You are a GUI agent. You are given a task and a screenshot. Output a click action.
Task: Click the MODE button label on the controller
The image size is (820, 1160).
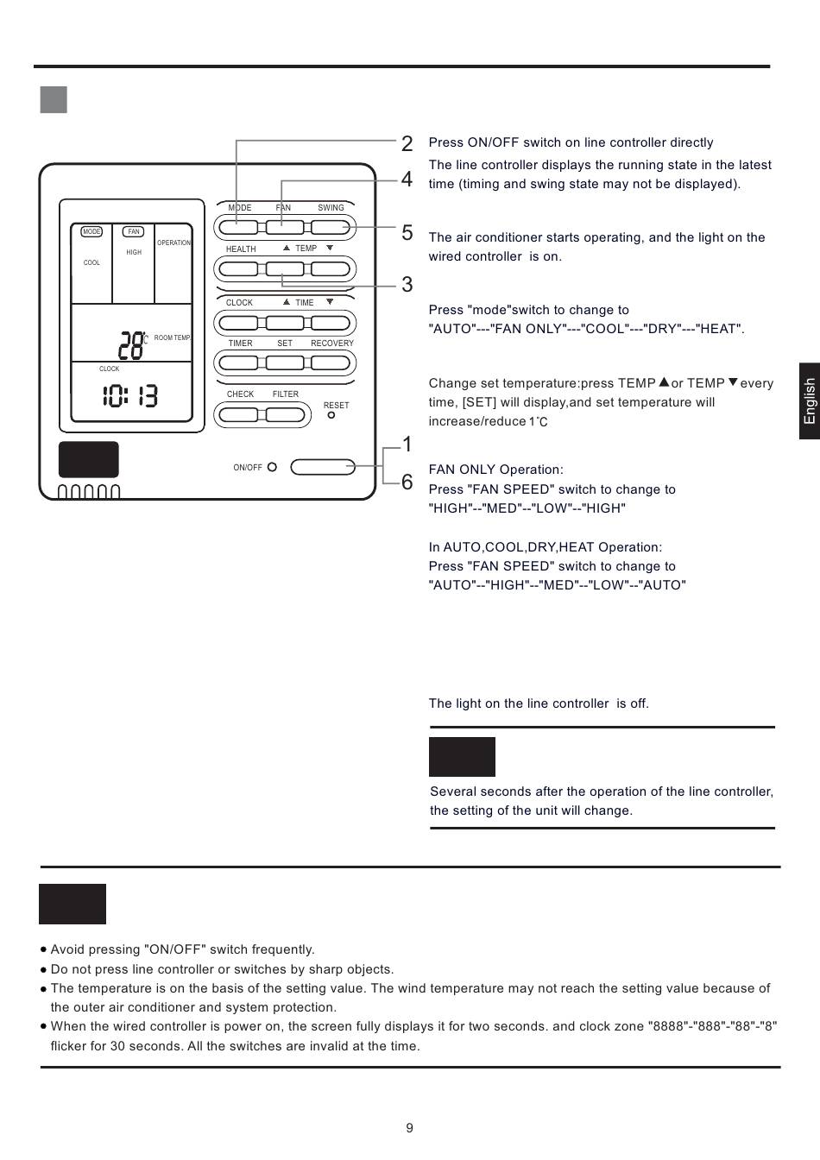[240, 208]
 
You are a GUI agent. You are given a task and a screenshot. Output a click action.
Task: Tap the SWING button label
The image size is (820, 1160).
[331, 208]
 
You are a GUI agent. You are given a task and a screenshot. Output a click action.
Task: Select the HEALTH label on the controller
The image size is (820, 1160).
[241, 249]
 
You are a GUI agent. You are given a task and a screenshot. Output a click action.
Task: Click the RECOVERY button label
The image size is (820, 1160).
[332, 344]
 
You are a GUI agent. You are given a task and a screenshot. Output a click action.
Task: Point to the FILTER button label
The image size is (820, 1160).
[286, 394]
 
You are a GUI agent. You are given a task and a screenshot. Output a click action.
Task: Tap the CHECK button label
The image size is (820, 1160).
[240, 394]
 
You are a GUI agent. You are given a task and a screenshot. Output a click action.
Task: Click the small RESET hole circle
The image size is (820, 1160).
[331, 415]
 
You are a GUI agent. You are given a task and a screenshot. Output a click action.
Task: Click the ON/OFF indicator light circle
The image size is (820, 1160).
[272, 467]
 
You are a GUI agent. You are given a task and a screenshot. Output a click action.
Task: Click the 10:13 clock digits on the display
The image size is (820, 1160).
[130, 396]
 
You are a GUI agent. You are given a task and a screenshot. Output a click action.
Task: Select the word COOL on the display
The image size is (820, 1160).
[91, 263]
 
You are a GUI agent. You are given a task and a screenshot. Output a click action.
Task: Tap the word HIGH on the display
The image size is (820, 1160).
[134, 253]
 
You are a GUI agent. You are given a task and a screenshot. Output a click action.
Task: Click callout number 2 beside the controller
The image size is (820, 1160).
[407, 144]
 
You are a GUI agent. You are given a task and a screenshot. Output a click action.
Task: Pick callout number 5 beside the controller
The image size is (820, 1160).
[407, 233]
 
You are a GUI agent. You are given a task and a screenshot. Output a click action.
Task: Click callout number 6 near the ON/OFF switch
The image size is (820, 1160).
[407, 482]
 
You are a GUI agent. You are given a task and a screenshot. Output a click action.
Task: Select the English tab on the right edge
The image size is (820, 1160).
[809, 401]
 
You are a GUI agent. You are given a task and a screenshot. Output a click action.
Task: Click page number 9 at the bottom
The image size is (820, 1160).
[410, 1128]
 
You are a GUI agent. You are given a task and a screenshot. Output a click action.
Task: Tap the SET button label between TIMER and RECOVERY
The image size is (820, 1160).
[285, 344]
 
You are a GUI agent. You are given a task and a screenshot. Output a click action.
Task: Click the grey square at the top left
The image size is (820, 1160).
[54, 100]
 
